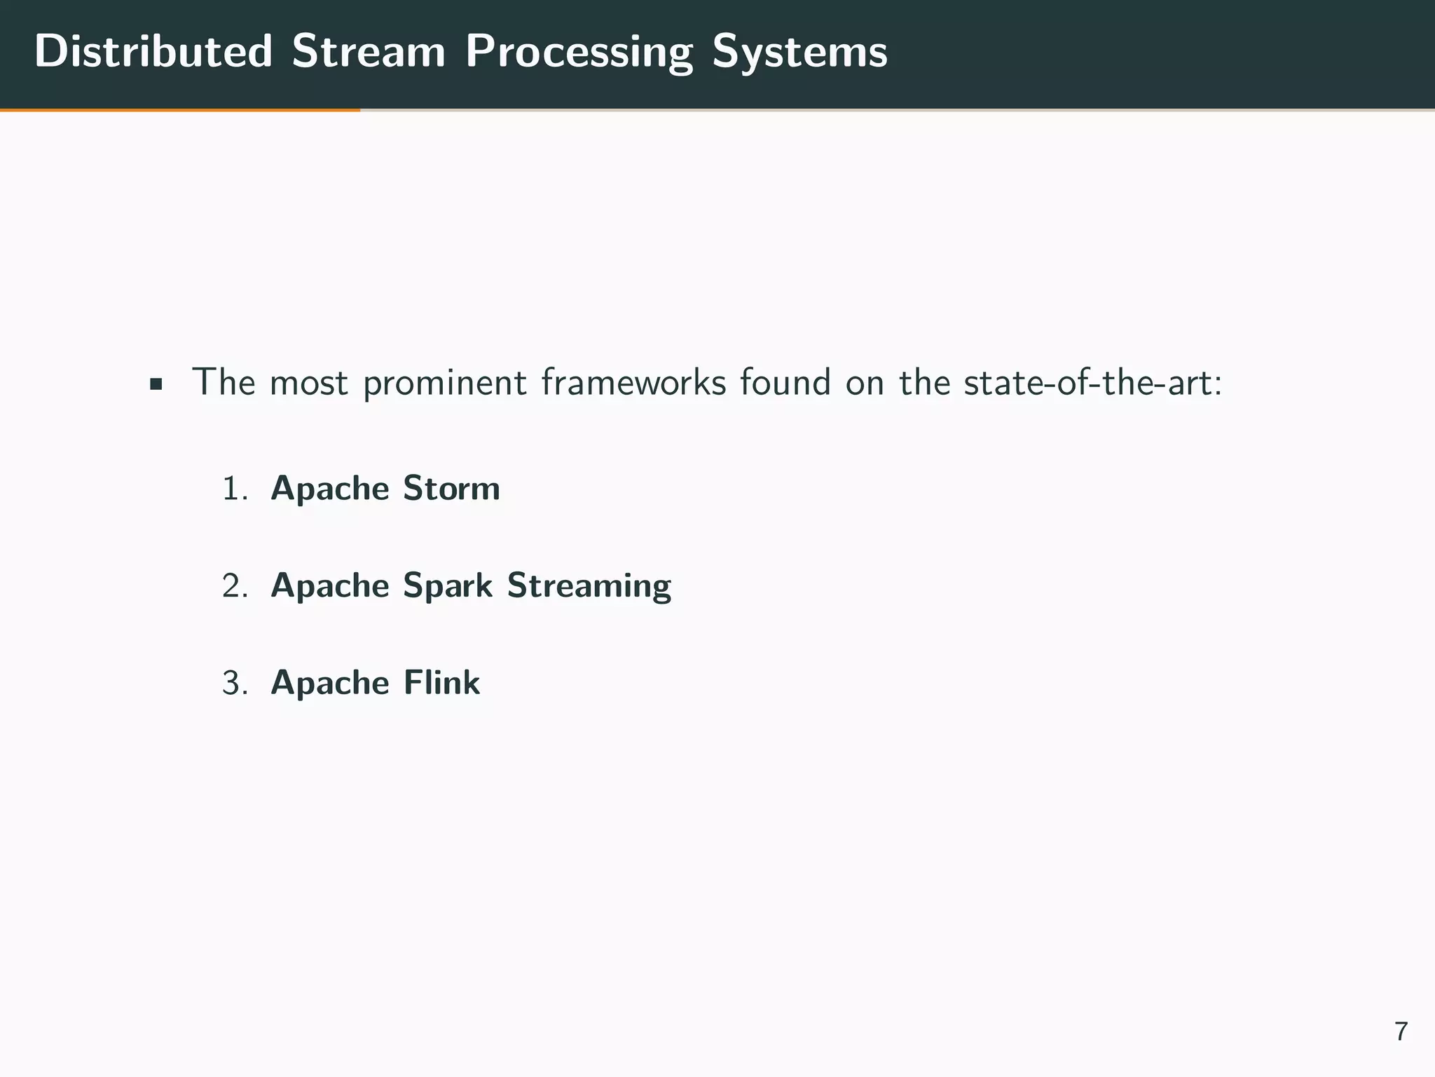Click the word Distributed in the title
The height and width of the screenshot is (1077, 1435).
point(153,52)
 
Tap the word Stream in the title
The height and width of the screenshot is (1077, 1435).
point(369,52)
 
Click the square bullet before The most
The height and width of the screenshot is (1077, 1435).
point(156,384)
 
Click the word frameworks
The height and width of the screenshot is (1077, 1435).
point(633,383)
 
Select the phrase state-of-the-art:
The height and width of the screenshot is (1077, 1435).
point(1092,383)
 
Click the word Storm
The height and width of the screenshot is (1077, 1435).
point(451,489)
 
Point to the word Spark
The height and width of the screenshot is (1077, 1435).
point(448,586)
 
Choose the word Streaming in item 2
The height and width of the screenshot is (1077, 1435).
point(589,586)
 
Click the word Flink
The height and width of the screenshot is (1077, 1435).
point(441,683)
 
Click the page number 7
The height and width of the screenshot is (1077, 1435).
point(1401,1031)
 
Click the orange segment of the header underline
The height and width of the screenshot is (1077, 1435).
point(180,110)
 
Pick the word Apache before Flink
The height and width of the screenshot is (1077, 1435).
point(329,683)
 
